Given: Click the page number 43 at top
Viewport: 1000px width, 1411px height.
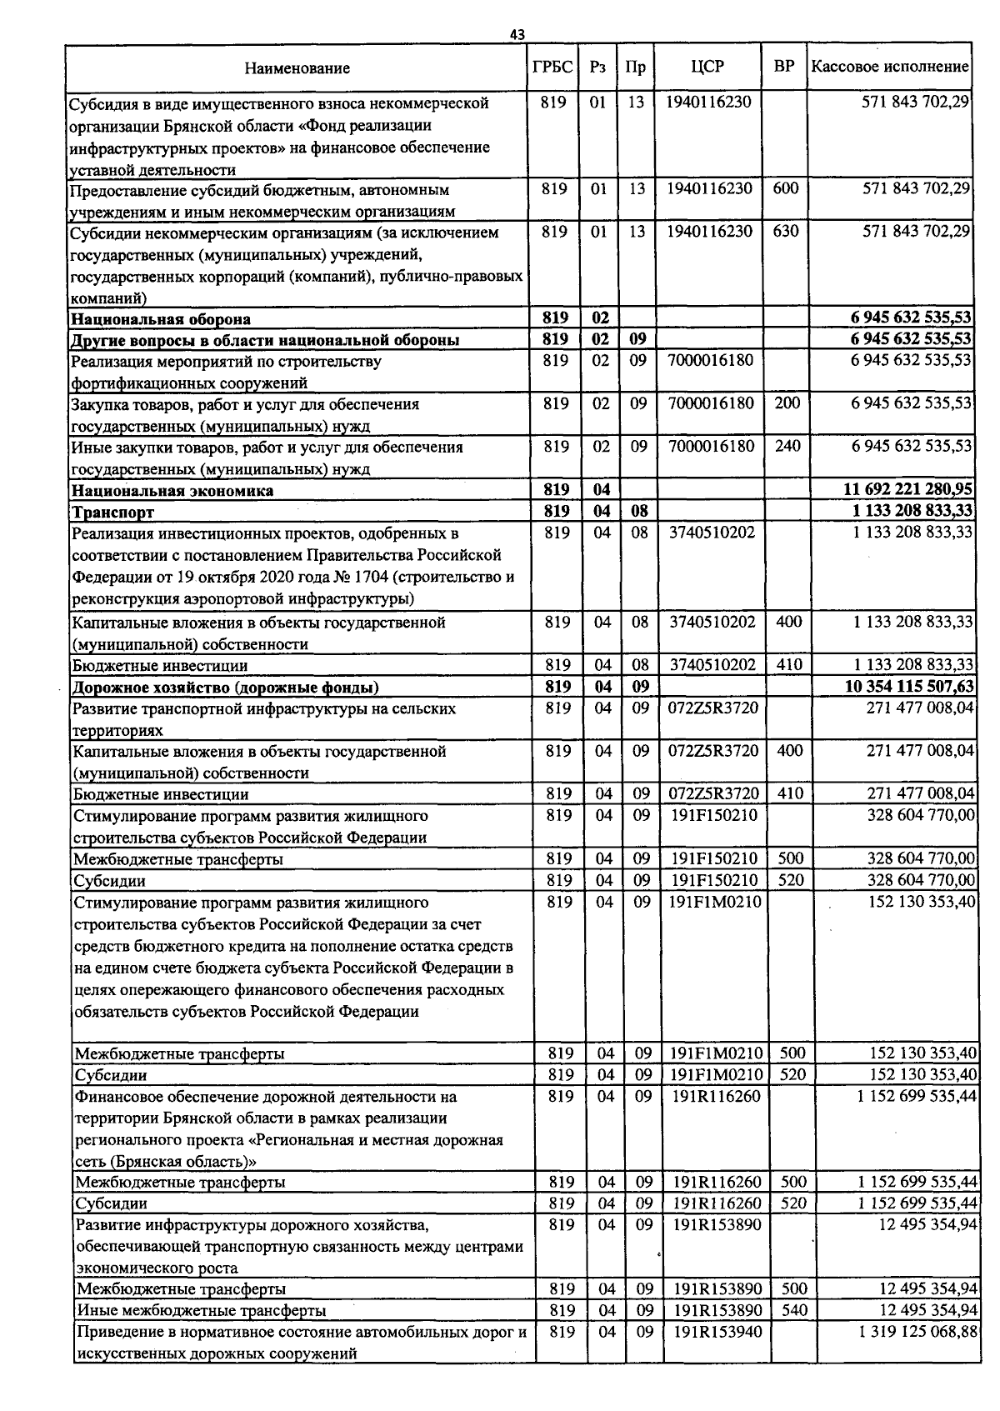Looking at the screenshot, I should point(517,34).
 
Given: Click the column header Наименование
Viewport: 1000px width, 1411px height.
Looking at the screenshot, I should point(297,68).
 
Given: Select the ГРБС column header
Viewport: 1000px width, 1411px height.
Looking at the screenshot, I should point(552,67).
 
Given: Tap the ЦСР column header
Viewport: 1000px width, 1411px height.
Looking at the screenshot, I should point(707,67).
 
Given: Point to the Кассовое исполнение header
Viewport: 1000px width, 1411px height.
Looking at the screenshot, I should point(890,67).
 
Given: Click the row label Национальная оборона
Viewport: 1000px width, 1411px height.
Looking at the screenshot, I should point(161,319).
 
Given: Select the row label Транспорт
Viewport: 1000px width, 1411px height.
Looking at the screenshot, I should point(113,512).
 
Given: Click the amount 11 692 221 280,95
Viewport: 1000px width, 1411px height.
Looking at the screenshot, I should point(909,490).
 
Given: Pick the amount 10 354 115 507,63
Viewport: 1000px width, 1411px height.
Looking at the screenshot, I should point(909,687).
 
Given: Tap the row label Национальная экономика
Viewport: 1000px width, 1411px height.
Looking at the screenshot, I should point(172,491).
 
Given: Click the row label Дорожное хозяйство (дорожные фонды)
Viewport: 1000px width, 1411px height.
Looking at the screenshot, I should point(226,688).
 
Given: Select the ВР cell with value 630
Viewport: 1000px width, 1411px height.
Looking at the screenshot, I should point(785,232).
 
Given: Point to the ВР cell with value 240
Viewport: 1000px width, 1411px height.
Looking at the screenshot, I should point(787,447).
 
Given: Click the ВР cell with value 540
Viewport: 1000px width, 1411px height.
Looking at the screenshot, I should point(794,1310).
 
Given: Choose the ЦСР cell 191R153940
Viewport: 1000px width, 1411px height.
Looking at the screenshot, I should point(717,1332).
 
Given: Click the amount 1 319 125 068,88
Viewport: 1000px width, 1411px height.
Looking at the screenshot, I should point(917,1332).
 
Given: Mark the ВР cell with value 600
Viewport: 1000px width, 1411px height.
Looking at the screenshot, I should point(785,189).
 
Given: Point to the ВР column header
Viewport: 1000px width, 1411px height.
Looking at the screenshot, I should point(783,67).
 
